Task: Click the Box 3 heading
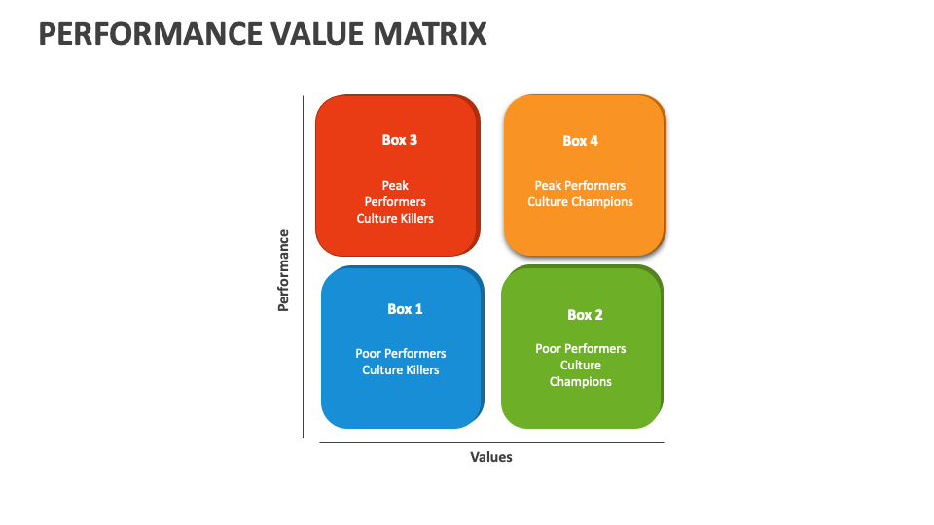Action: tap(399, 140)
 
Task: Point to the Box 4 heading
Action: tap(580, 141)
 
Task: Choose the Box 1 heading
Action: tap(405, 309)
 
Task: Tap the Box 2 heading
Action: tap(585, 315)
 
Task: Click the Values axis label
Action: tap(490, 457)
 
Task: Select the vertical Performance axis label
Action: tap(284, 269)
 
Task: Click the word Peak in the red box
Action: tap(395, 185)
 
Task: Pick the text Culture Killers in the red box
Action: tap(395, 219)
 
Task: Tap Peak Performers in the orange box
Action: tap(580, 185)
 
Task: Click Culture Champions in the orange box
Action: tap(580, 202)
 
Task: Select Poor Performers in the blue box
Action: tap(401, 354)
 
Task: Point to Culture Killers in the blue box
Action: tap(401, 370)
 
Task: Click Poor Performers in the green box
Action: tap(581, 348)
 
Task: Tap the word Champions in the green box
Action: tap(581, 382)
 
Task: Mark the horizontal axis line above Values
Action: tap(491, 443)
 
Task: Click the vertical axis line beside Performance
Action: tap(304, 267)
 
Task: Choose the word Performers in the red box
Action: tap(395, 202)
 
